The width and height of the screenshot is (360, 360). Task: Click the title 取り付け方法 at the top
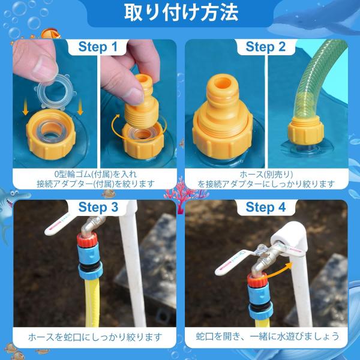181,13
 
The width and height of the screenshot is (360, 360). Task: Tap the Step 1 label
98,47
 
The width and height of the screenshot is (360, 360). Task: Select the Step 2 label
266,47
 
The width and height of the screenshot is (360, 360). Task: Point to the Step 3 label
98,207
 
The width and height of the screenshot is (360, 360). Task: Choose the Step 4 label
266,207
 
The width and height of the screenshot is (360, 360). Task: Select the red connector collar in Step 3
87,239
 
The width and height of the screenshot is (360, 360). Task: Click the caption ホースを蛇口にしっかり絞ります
95,337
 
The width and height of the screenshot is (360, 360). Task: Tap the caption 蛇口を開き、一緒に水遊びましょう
268,337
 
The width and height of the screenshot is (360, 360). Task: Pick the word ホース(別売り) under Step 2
266,175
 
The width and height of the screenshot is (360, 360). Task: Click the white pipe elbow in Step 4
290,239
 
